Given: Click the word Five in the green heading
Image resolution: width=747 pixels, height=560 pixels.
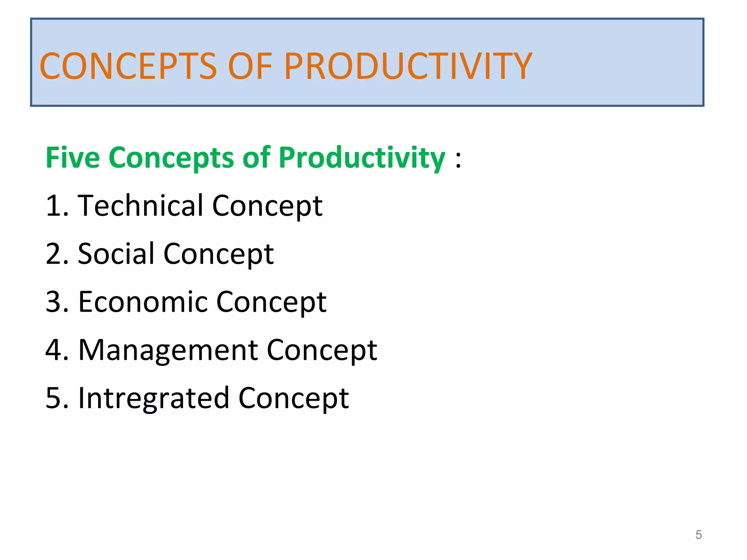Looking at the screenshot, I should point(73,158).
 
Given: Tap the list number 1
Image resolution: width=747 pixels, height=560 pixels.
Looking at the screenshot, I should point(53,206).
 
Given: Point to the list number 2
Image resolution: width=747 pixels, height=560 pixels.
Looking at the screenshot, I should point(53,254).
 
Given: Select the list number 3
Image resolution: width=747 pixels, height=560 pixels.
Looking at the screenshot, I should point(53,302).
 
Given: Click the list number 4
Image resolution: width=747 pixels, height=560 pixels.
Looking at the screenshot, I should point(53,350).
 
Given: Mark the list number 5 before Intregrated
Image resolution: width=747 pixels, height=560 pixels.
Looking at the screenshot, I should point(53,398).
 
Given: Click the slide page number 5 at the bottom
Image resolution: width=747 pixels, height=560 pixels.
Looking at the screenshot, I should point(698,535).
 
